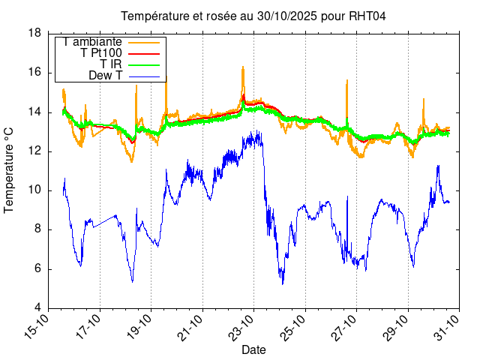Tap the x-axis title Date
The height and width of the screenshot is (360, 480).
(253, 349)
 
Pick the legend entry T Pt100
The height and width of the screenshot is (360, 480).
(101, 53)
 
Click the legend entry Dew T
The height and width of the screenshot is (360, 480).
(105, 76)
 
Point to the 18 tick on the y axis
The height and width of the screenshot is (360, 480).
(34, 33)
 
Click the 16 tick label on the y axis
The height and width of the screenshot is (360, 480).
(34, 73)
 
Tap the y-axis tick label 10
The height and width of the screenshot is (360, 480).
(34, 190)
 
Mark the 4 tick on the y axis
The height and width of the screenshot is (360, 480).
(37, 308)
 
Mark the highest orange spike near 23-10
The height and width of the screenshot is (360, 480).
(243, 67)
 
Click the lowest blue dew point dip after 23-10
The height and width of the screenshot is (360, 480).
(283, 283)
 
